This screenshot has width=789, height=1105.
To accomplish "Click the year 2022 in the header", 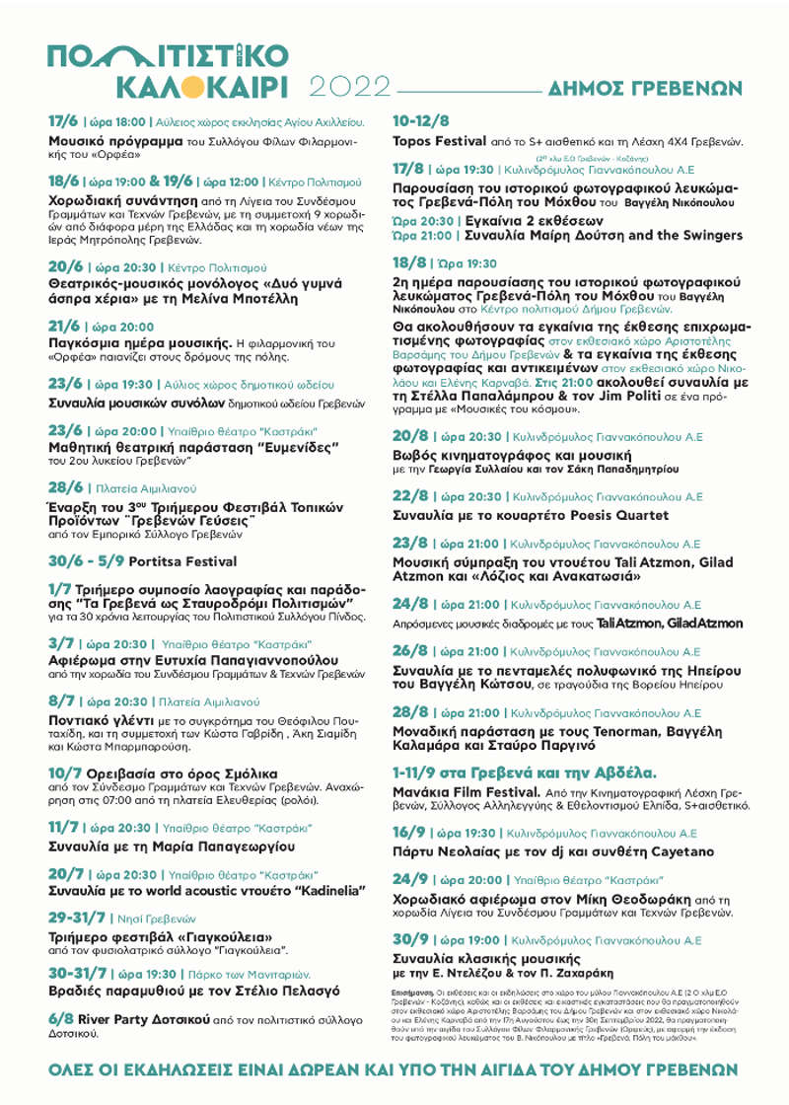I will point(349,87).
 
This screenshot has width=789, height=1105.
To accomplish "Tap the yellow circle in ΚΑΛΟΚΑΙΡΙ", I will point(194,87).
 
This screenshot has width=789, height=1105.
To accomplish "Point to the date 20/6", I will point(66,266).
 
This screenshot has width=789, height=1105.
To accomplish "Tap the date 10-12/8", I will point(421,121).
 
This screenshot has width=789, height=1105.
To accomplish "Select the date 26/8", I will point(410,650).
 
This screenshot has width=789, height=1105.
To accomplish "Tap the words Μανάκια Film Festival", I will point(466,791).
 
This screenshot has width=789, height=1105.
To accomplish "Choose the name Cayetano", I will point(681,850).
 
